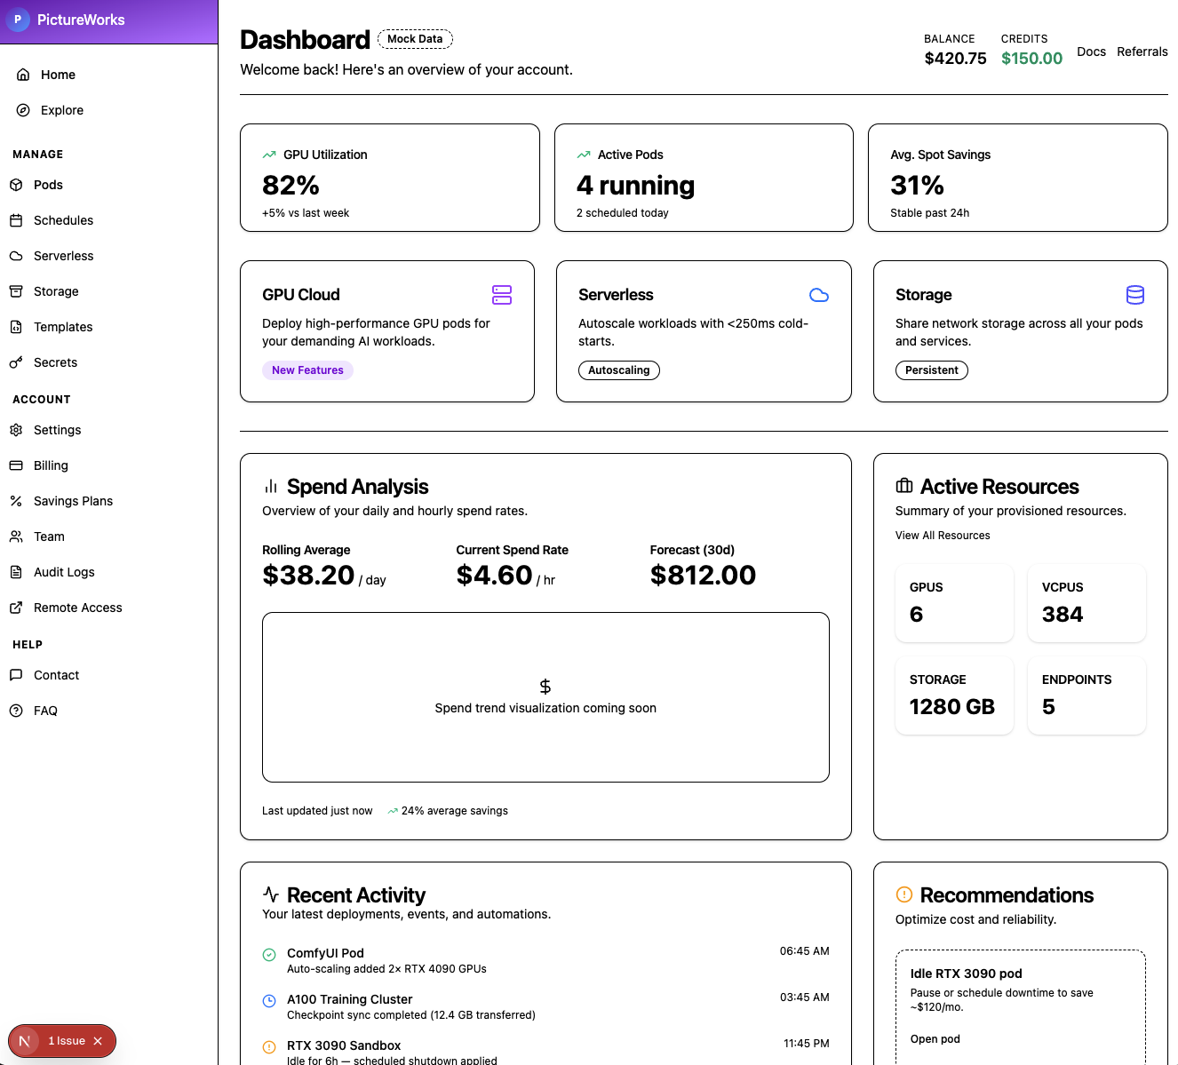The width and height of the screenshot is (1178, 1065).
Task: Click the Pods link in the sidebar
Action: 48,185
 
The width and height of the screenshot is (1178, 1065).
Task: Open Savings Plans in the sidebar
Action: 73,501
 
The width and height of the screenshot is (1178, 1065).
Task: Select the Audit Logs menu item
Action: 64,572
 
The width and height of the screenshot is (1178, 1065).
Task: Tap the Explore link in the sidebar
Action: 61,110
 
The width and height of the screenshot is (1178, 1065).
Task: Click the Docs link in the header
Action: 1091,52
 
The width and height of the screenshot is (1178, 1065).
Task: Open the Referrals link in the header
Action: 1142,52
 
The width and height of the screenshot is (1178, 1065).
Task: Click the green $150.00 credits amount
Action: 1031,59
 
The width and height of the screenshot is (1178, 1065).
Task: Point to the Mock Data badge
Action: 415,39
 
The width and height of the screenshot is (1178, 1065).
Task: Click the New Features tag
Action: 307,370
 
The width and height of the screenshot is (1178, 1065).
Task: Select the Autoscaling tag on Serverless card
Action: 618,370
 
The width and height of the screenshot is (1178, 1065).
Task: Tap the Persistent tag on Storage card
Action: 931,370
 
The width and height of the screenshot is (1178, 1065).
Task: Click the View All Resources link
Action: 943,536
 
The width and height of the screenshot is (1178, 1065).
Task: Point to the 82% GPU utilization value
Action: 291,186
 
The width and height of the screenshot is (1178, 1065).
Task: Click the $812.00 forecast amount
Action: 703,576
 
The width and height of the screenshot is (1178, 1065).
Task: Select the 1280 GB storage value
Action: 951,707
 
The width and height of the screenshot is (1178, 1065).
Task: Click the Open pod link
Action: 935,1039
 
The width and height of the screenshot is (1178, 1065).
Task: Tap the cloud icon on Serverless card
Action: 819,295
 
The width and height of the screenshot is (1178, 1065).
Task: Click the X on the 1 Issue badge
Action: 98,1041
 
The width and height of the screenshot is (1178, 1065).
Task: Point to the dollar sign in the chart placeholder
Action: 545,687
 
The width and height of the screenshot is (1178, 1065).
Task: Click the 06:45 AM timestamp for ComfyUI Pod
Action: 804,951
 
